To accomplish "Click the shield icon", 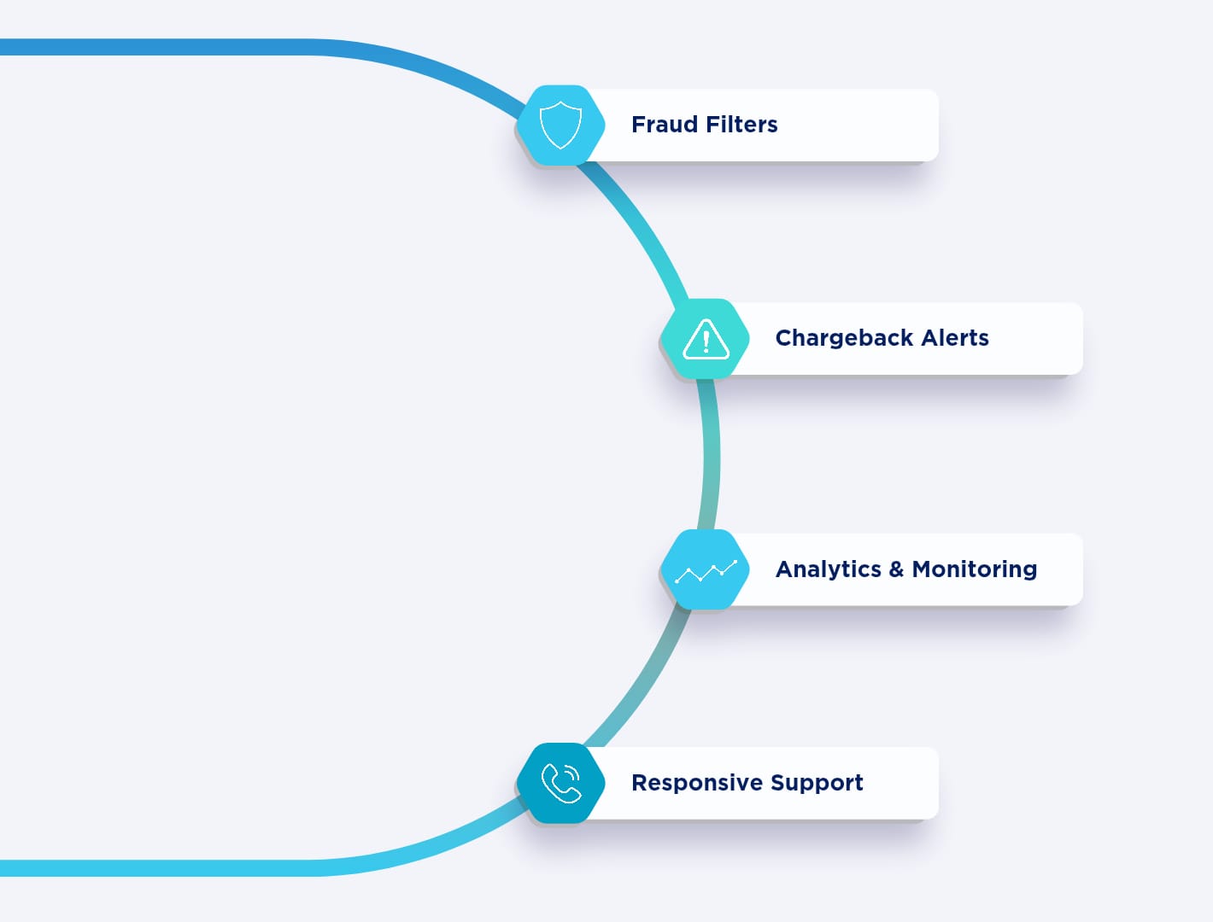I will [560, 125].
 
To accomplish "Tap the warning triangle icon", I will [706, 339].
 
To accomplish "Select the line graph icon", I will [706, 570].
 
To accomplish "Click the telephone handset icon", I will [561, 784].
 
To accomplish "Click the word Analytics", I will [828, 569].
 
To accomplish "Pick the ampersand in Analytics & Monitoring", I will [896, 569].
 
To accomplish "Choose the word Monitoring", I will [974, 569].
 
